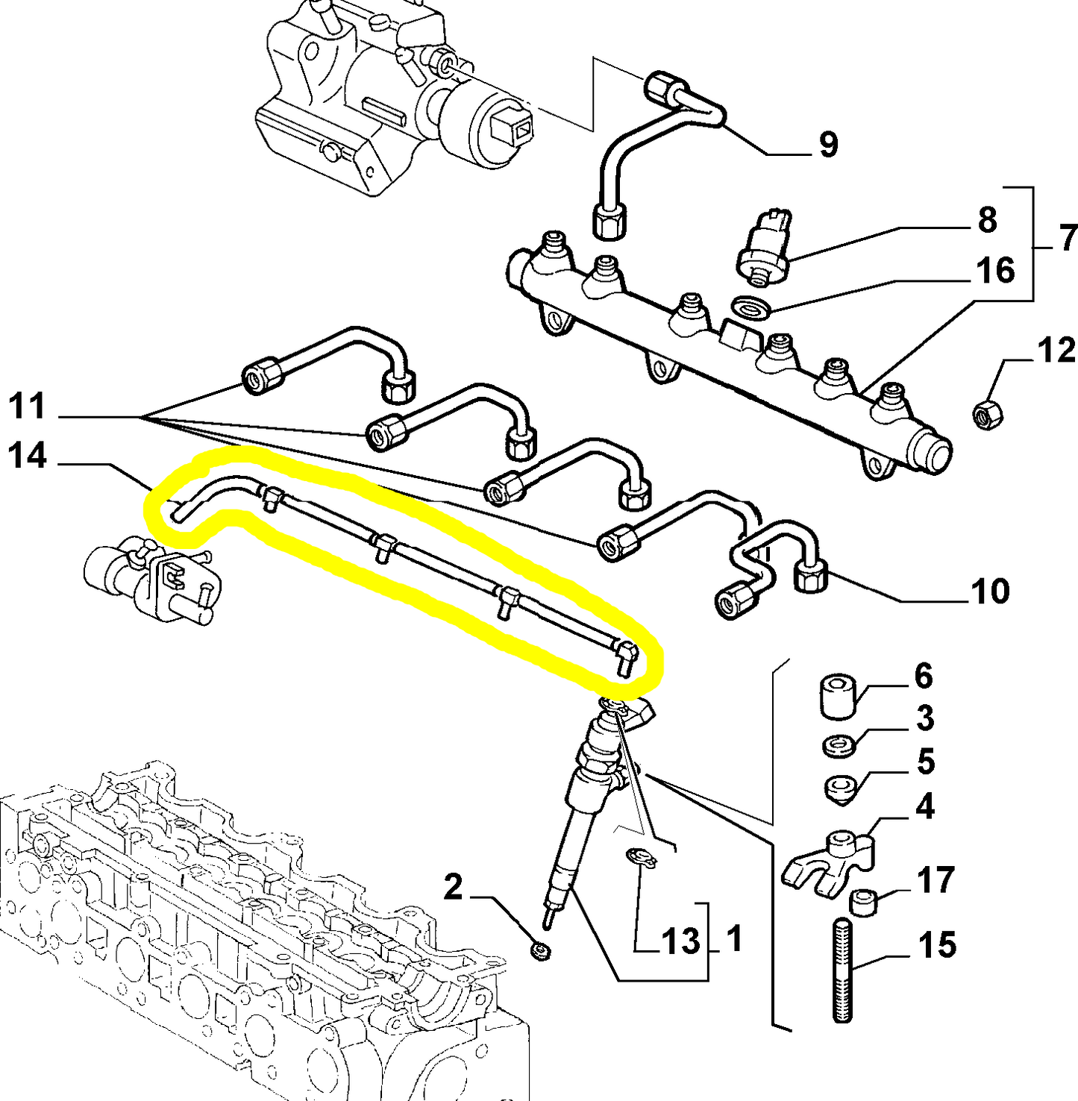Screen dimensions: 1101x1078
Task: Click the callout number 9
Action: click(828, 144)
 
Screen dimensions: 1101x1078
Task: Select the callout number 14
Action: click(28, 456)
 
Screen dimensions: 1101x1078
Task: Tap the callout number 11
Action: click(28, 407)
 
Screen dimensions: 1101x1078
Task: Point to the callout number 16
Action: click(995, 271)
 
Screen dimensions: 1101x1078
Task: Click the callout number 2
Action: click(453, 888)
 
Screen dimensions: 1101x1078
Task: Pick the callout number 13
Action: click(680, 941)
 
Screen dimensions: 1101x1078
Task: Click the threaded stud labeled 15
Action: click(842, 969)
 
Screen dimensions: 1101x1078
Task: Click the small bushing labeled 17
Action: click(863, 901)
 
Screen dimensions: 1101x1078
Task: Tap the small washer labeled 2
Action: click(539, 951)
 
